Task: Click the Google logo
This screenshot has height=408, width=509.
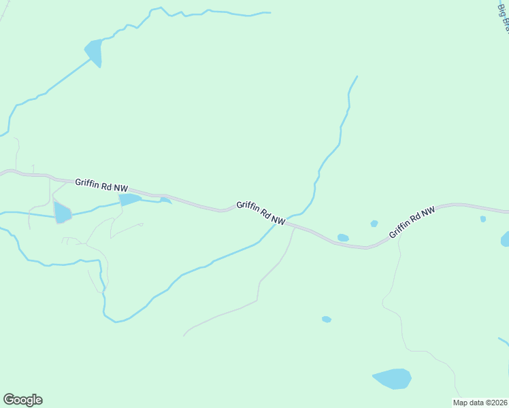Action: (22, 400)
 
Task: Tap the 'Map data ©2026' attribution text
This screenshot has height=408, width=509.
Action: (480, 403)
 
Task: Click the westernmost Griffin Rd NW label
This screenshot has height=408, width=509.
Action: (101, 184)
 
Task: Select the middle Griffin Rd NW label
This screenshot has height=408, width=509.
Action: (261, 213)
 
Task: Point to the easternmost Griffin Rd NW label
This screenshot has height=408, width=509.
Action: (412, 223)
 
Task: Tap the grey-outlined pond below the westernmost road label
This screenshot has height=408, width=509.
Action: (62, 213)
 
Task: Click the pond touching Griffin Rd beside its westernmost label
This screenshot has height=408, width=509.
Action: (129, 199)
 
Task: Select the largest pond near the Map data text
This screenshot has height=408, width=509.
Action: (392, 378)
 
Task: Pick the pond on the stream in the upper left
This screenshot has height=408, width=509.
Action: (94, 52)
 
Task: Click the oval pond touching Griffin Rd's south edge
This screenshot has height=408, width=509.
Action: (343, 238)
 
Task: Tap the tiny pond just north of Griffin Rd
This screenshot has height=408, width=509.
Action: (374, 224)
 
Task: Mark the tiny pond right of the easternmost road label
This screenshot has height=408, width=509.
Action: (482, 219)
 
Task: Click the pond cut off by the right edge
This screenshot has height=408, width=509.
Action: (505, 239)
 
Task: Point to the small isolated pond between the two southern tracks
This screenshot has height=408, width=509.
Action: (327, 319)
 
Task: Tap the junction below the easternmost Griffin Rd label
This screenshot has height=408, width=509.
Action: (399, 235)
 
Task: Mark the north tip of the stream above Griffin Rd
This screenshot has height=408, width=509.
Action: (357, 76)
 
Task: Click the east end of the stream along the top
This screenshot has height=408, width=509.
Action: (269, 12)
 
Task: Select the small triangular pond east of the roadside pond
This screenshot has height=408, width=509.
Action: (165, 201)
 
